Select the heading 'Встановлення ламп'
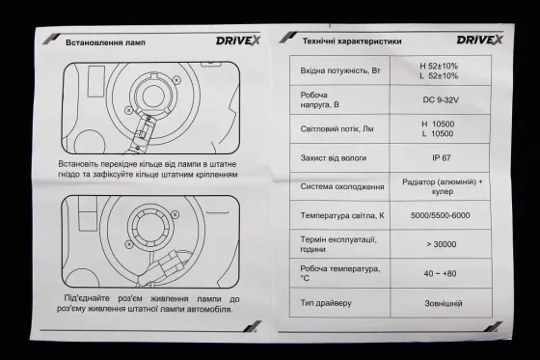[105, 43]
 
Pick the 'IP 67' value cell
[440, 157]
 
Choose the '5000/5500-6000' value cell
[440, 214]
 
